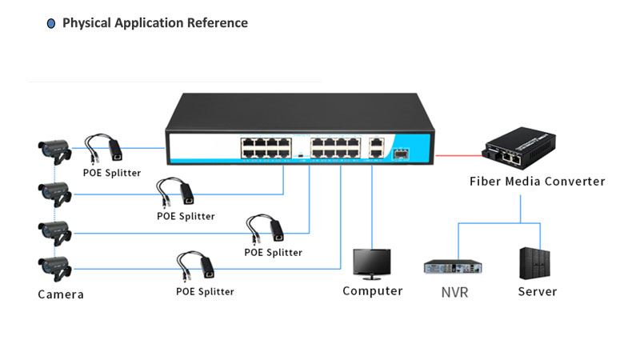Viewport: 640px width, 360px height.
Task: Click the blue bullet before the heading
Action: point(51,24)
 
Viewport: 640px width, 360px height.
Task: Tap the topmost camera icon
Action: point(55,150)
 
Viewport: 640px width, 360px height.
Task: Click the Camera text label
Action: point(61,294)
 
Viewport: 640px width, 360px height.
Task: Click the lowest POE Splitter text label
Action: point(205,292)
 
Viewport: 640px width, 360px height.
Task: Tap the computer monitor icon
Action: point(372,262)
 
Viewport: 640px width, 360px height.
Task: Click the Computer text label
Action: point(373,291)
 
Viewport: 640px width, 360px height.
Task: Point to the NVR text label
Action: point(454,292)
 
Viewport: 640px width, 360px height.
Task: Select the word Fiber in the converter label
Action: point(485,182)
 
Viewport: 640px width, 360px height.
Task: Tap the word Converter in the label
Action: point(575,182)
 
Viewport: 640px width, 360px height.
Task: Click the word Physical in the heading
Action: point(87,23)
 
